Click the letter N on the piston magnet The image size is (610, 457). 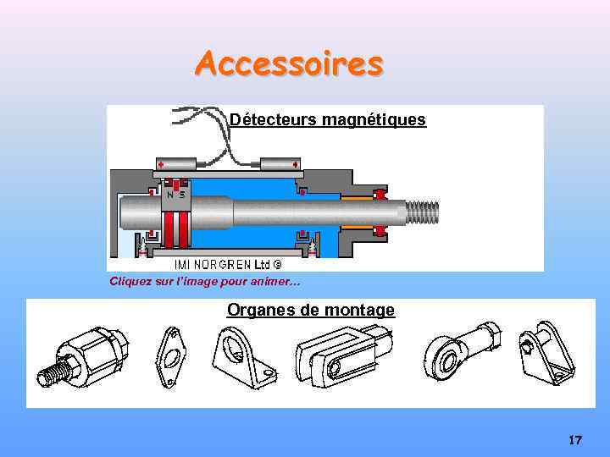click(170, 195)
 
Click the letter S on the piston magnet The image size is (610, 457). click(182, 195)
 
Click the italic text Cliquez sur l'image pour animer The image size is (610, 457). click(204, 281)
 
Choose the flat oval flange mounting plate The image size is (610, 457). click(171, 358)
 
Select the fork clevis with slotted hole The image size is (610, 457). click(343, 355)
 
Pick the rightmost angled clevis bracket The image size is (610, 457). click(546, 352)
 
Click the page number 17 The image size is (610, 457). click(575, 440)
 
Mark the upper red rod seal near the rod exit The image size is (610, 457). click(380, 195)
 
